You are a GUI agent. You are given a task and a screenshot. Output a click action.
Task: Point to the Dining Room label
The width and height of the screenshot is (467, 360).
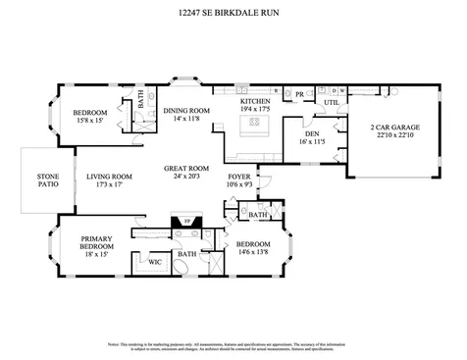pos(186,110)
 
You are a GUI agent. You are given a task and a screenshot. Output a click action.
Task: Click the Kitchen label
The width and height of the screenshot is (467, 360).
pos(257,101)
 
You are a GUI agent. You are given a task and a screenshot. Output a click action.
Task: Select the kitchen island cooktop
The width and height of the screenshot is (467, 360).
pos(256,124)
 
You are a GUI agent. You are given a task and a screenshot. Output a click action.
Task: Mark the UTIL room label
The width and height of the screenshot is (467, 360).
pos(331,101)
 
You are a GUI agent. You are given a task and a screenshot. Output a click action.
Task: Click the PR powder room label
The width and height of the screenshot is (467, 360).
pos(300,96)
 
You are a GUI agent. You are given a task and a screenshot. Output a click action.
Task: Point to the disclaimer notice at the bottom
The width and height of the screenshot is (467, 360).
pos(233,347)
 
